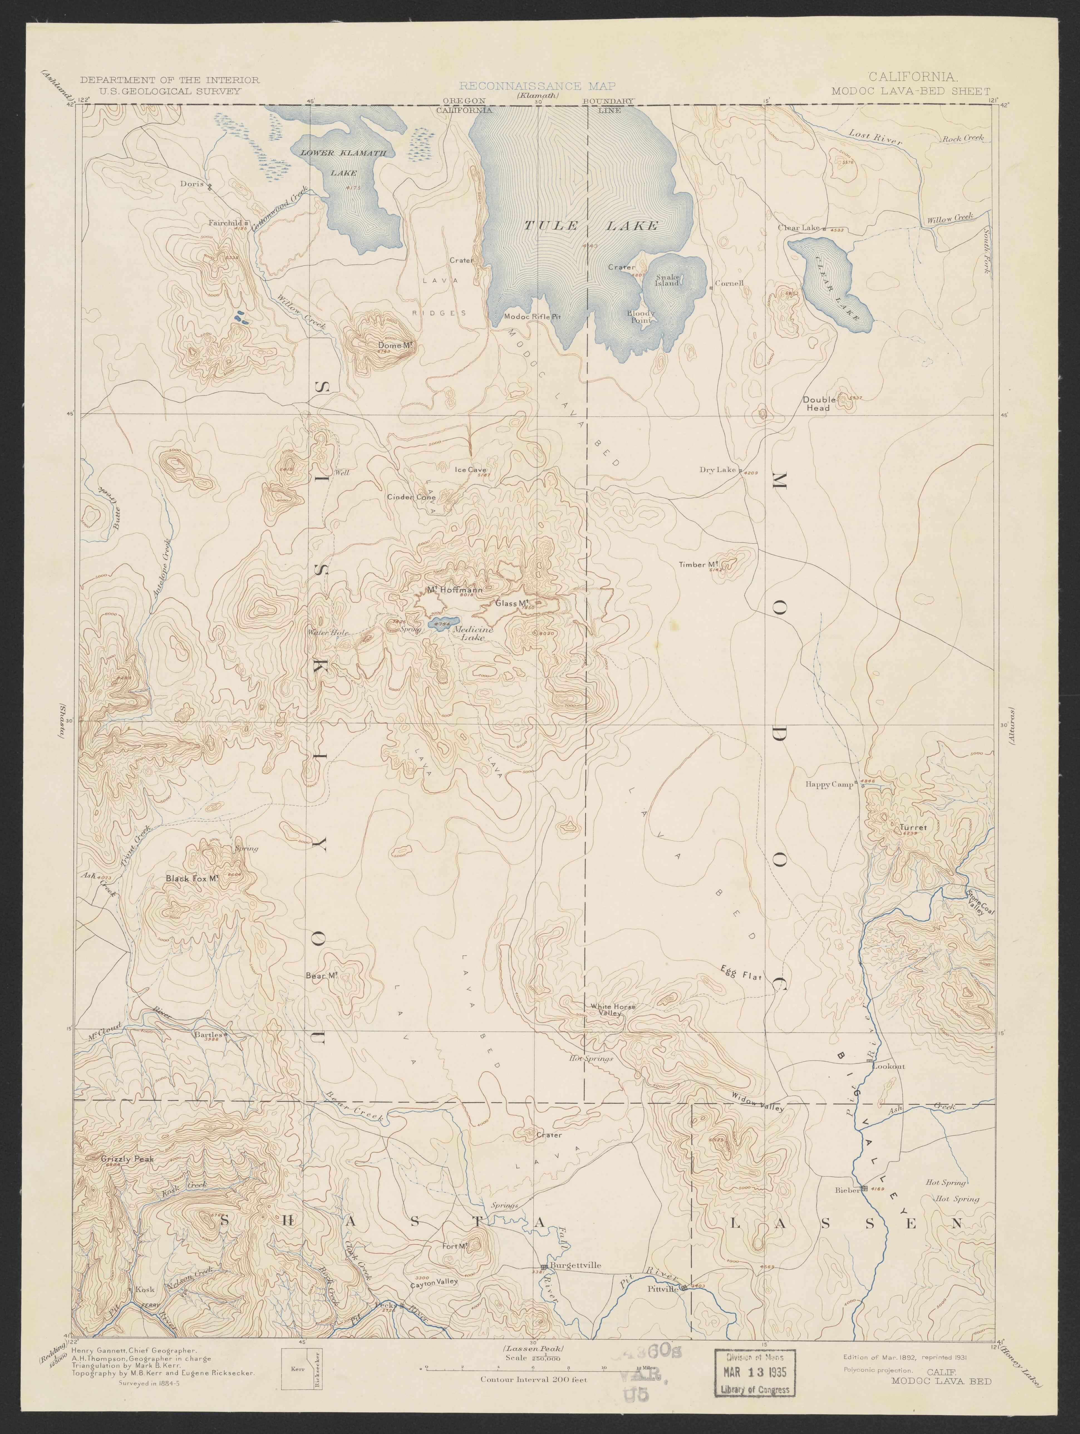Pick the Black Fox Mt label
pyautogui.click(x=191, y=879)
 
